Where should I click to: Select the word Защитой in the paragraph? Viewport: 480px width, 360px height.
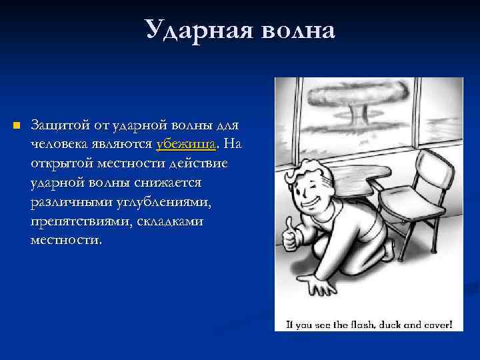click(x=56, y=125)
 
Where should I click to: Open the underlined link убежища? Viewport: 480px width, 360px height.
click(x=186, y=144)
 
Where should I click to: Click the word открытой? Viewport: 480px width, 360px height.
click(x=61, y=163)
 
